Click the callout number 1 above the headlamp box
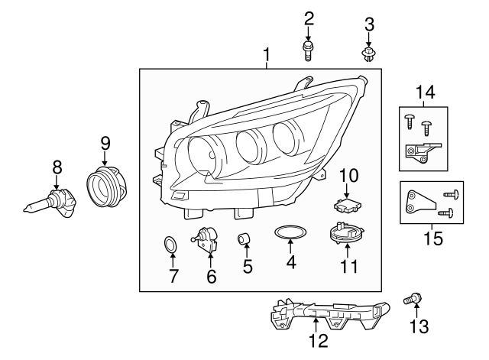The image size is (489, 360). click(267, 55)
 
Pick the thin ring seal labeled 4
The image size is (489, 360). click(290, 233)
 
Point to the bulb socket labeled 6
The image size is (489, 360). click(209, 239)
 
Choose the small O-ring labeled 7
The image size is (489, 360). click(172, 246)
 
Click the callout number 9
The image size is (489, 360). click(105, 142)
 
